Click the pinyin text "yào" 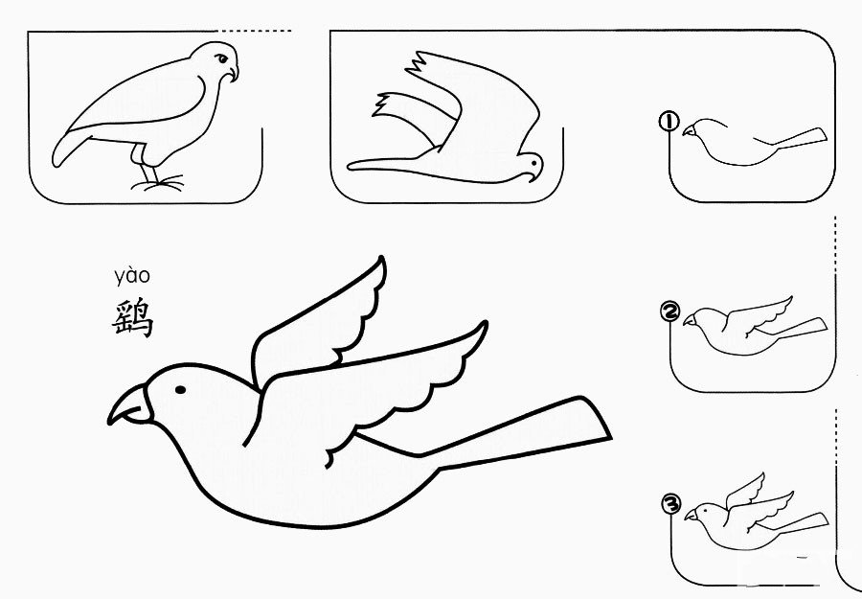pos(132,276)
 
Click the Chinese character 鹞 pos(132,318)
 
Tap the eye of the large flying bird pos(180,390)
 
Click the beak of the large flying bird pos(129,405)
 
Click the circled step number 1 pos(669,121)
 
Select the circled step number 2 pos(669,311)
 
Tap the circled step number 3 pos(671,504)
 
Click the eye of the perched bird pos(220,58)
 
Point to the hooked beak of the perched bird pos(233,73)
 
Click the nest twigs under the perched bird pos(158,183)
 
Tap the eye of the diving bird pos(533,163)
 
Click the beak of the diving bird pos(531,177)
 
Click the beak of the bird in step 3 pos(691,515)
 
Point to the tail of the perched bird pos(69,148)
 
